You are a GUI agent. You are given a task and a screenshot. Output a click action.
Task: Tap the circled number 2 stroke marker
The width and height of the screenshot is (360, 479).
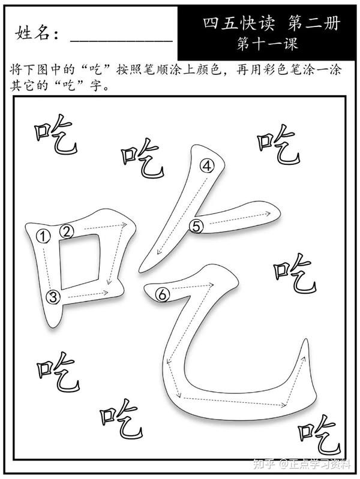click(x=67, y=230)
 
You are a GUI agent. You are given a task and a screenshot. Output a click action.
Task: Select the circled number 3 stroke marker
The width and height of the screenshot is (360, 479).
click(x=54, y=296)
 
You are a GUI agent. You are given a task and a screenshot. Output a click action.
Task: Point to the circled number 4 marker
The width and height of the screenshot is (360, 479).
click(x=207, y=167)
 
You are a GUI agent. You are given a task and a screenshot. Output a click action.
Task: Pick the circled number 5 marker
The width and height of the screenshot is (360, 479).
click(x=198, y=225)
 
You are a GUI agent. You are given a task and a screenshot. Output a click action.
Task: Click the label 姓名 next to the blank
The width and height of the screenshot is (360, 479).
click(x=36, y=34)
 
